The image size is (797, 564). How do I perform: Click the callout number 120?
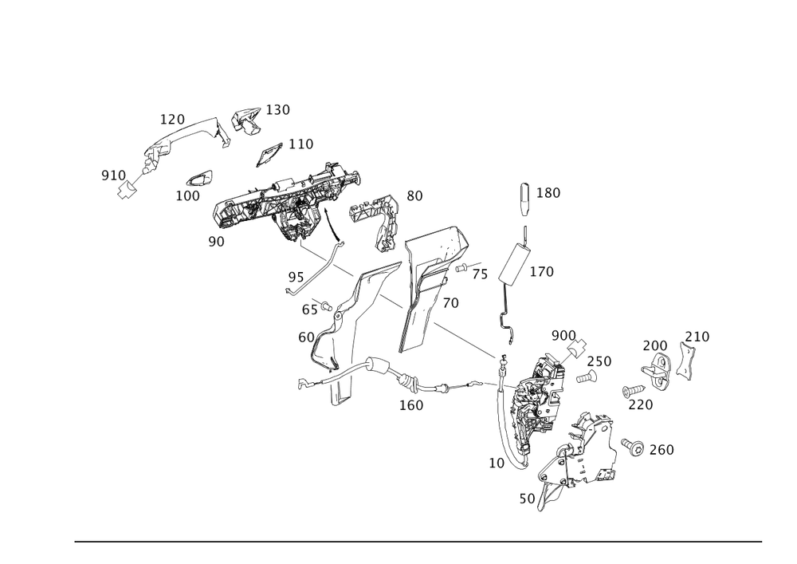(x=173, y=119)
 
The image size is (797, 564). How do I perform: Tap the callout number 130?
(x=277, y=110)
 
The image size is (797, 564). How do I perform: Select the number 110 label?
(x=301, y=144)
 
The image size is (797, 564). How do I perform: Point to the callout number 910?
(x=112, y=174)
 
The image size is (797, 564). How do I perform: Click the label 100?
(x=188, y=195)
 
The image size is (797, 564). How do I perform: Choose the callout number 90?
(x=215, y=240)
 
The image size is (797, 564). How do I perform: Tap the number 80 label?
(x=414, y=195)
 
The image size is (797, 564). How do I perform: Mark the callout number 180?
(x=548, y=192)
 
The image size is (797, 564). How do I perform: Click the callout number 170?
(x=541, y=272)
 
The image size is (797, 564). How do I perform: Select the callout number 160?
(x=411, y=405)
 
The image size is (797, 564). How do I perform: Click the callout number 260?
(x=662, y=450)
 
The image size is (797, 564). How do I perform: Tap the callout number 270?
(x=641, y=404)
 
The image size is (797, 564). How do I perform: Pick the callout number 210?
(x=698, y=337)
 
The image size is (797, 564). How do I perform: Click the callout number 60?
(x=306, y=337)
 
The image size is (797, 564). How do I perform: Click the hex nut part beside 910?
(x=125, y=190)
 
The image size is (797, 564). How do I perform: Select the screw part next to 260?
(x=634, y=447)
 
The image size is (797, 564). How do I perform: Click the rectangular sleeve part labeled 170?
(x=512, y=262)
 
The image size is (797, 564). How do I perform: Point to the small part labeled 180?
(x=524, y=198)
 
